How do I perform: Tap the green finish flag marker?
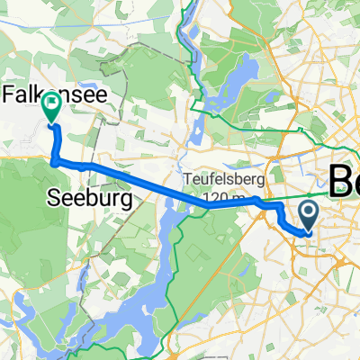51,106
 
